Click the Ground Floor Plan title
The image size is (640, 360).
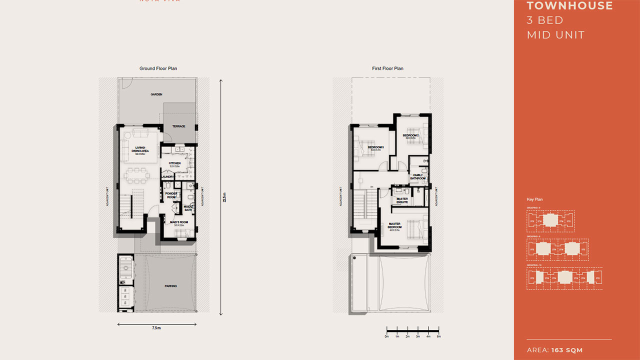tap(158, 68)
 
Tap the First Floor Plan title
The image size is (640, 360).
tap(387, 68)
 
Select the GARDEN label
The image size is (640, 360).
tap(156, 94)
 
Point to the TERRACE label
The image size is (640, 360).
tap(179, 126)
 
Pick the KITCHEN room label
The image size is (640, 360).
tap(174, 163)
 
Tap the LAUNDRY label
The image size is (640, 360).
tap(167, 176)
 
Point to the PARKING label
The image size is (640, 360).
tap(170, 286)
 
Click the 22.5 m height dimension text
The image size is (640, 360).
tap(224, 197)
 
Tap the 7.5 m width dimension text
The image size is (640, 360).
tap(156, 328)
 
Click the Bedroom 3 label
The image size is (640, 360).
tap(375, 147)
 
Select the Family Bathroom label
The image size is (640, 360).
tap(417, 176)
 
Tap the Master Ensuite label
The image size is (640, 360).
tap(402, 200)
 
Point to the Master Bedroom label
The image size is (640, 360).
tap(395, 225)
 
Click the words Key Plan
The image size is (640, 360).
tap(534, 199)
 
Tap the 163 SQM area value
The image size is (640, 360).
tap(567, 350)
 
